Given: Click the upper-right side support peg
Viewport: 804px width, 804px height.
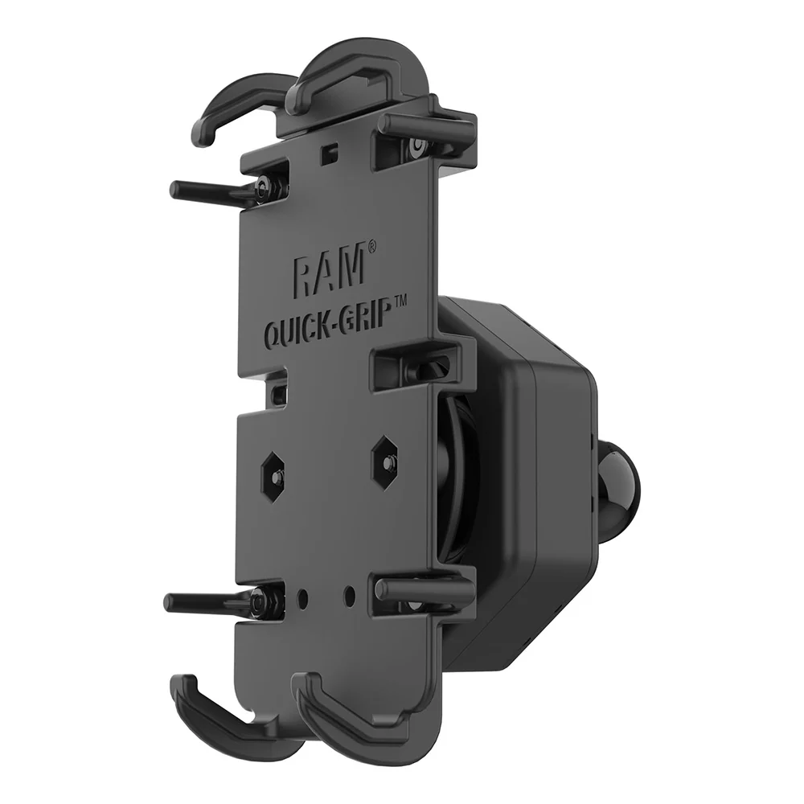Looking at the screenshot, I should click(x=426, y=125).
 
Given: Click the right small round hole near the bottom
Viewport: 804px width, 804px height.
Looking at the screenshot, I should click(x=349, y=594).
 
